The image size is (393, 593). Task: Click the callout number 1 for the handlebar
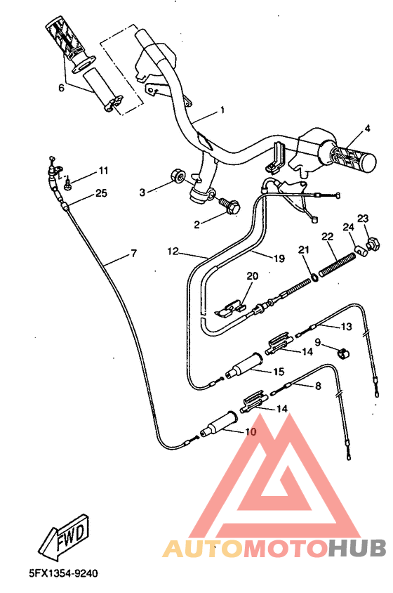(222, 110)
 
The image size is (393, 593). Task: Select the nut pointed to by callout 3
(177, 176)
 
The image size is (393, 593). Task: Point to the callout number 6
(61, 88)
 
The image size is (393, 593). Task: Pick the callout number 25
(101, 193)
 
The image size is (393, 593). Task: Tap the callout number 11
(103, 171)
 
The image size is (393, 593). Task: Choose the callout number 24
(349, 227)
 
